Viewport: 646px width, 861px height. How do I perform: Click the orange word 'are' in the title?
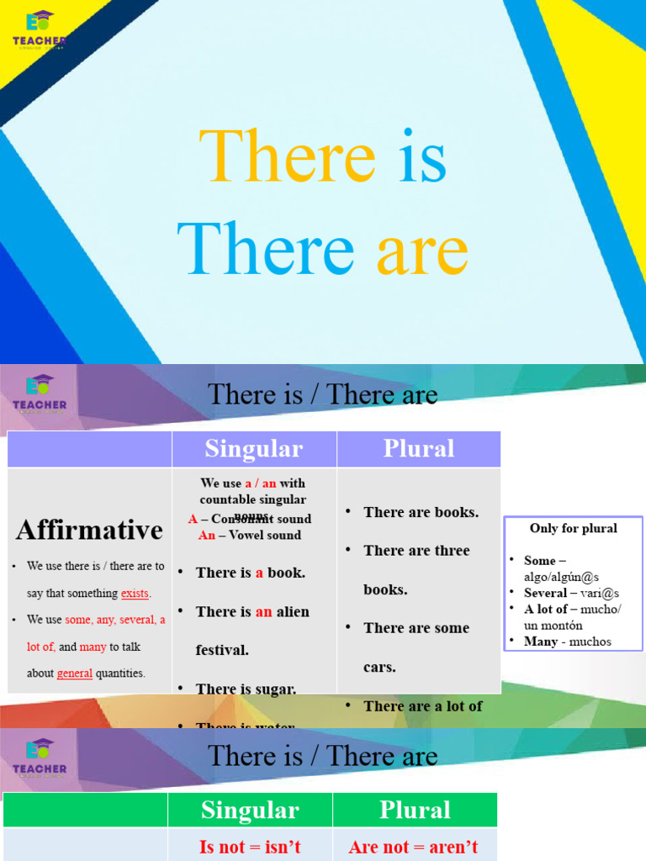(421, 251)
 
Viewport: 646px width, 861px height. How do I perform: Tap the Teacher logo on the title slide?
(39, 30)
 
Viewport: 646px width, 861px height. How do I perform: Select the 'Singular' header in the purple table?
(254, 449)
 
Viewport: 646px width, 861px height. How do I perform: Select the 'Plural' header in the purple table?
(419, 449)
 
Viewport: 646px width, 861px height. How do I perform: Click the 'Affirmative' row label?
(89, 530)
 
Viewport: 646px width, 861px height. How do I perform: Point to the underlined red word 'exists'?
(135, 594)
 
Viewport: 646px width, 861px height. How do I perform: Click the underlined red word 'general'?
(75, 673)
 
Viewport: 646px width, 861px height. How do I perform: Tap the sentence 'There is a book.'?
(250, 573)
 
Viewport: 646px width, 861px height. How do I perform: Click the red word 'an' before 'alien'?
(263, 612)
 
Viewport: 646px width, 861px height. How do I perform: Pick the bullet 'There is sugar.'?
(246, 689)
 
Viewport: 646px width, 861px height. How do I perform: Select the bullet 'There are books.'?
(421, 512)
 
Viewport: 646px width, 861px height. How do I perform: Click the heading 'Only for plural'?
(574, 529)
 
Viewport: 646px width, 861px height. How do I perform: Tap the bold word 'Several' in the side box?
(545, 594)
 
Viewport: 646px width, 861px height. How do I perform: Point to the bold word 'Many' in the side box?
(541, 642)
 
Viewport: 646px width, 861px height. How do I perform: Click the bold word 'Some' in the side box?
(540, 561)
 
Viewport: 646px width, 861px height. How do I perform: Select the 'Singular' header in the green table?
(250, 811)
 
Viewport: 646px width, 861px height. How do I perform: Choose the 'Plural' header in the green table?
(415, 811)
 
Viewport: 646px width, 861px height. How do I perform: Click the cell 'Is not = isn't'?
(250, 847)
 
